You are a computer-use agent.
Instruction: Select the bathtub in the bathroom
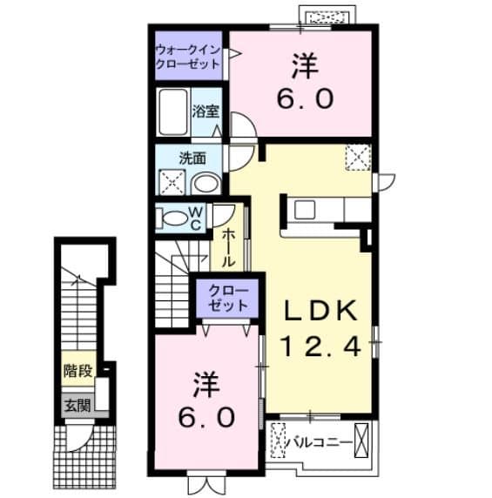[x=174, y=111]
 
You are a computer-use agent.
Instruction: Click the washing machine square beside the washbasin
[x=170, y=182]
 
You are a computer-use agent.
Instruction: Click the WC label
[x=196, y=218]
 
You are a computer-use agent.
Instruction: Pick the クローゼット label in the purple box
[x=227, y=299]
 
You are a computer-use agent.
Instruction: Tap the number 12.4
[x=320, y=347]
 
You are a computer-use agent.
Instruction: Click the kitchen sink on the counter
[x=306, y=210]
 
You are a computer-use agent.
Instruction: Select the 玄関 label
[x=76, y=404]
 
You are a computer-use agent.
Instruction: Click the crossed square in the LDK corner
[x=357, y=157]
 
